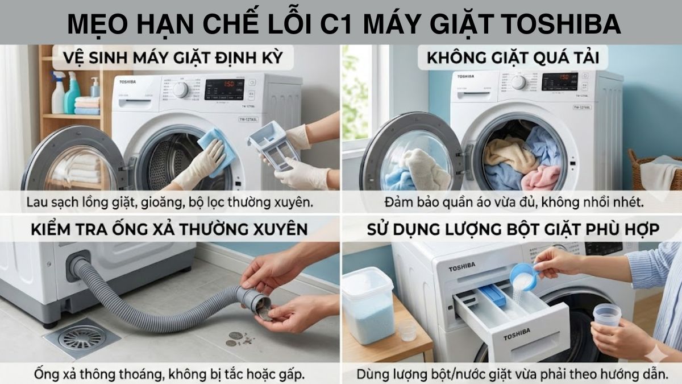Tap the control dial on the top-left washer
180,89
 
